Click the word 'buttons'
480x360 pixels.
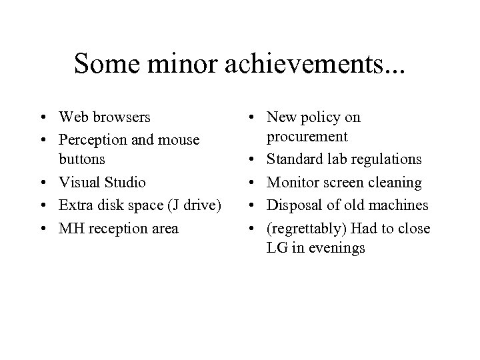coord(82,159)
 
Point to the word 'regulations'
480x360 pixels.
coord(387,159)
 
